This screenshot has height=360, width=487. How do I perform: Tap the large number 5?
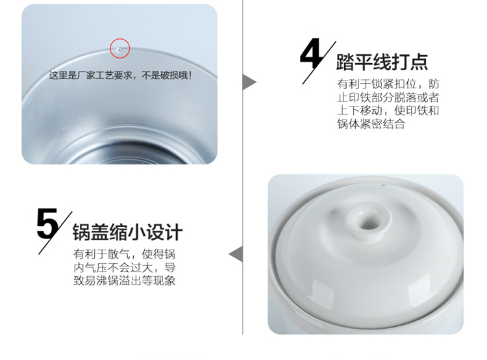47,224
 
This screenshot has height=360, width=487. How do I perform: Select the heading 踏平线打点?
382,62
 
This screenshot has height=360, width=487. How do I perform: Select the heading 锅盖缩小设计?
127,232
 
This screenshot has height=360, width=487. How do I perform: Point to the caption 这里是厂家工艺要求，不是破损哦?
120,75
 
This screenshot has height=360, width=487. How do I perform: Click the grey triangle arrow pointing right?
249,83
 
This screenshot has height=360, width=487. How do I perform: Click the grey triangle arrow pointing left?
236,254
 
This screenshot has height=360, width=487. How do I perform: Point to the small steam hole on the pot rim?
383,185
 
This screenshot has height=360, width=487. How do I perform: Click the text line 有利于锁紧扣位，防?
388,84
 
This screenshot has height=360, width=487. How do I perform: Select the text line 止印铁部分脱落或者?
388,97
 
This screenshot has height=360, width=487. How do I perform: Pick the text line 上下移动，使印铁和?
388,110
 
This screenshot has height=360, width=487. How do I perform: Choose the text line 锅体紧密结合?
371,124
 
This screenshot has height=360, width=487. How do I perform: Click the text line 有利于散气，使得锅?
125,254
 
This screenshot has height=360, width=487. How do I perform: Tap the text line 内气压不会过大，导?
125,268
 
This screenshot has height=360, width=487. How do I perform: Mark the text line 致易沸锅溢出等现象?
125,281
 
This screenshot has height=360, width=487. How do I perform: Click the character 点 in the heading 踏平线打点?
419,62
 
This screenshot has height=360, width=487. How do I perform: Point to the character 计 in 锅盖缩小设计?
173,232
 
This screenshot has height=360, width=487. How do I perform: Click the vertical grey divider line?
243,167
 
